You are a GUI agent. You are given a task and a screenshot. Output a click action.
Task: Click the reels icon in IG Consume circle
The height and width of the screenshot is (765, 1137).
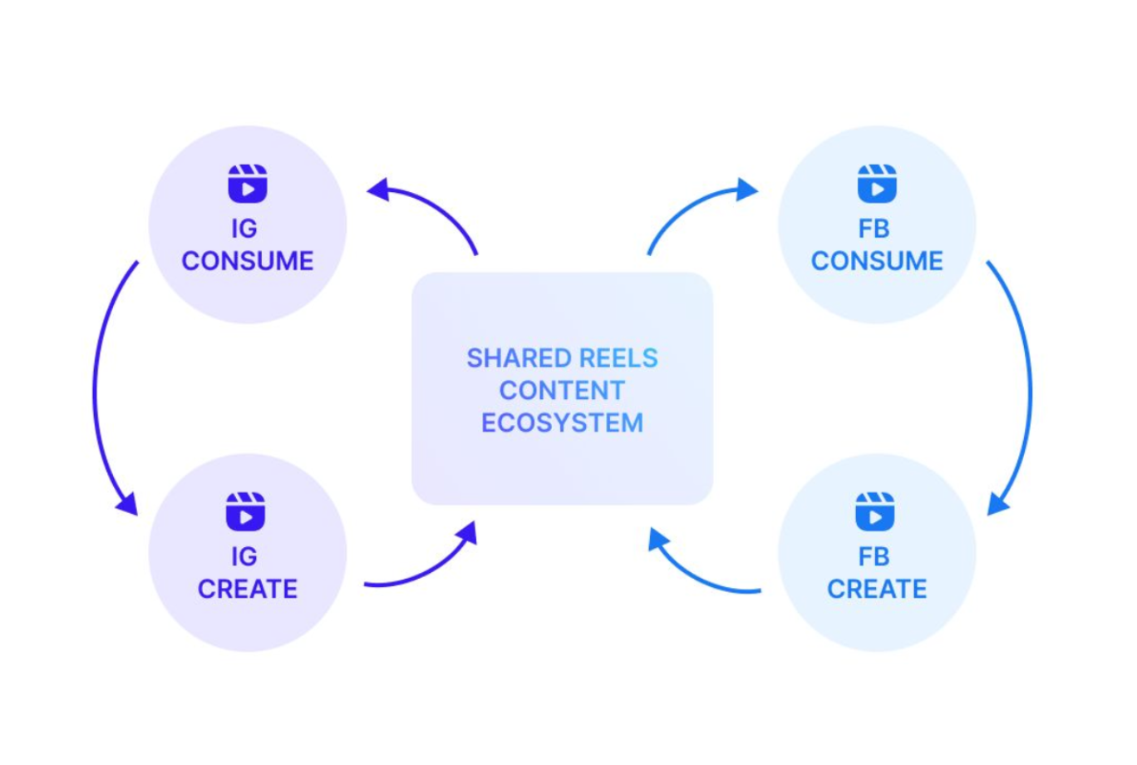click(x=248, y=184)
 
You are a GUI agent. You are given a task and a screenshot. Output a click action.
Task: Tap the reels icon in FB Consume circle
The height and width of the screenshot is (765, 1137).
click(x=877, y=184)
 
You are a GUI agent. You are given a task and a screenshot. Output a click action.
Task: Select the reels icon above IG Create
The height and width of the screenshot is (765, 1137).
click(x=246, y=511)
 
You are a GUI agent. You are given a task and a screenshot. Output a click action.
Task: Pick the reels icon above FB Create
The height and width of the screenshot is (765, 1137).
click(x=875, y=511)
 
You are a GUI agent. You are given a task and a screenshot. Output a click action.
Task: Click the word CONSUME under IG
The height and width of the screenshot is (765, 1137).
click(x=248, y=261)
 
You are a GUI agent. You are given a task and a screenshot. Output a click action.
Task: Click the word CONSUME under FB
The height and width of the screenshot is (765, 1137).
click(x=877, y=261)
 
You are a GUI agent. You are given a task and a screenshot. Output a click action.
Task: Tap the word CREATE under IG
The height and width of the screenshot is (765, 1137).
click(x=248, y=590)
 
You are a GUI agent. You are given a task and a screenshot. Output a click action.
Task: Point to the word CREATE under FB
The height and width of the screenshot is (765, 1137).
click(x=877, y=590)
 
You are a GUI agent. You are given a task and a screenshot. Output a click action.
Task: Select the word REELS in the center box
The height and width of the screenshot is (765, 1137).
click(x=618, y=358)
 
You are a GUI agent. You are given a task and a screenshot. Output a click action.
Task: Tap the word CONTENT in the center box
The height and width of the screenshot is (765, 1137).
click(x=562, y=391)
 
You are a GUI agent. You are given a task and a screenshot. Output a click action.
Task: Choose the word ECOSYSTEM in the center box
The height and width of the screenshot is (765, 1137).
click(x=562, y=423)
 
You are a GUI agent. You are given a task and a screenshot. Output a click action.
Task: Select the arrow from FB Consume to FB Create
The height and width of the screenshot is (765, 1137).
click(x=1028, y=391)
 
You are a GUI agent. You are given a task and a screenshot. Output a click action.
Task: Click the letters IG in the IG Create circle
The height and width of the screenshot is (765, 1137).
click(x=244, y=557)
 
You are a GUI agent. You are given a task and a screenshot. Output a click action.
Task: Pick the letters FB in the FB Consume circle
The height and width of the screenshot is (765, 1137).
click(x=874, y=229)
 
